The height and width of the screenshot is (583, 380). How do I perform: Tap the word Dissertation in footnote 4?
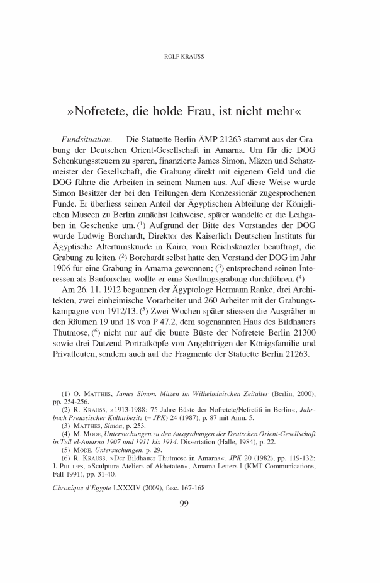[147, 443]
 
